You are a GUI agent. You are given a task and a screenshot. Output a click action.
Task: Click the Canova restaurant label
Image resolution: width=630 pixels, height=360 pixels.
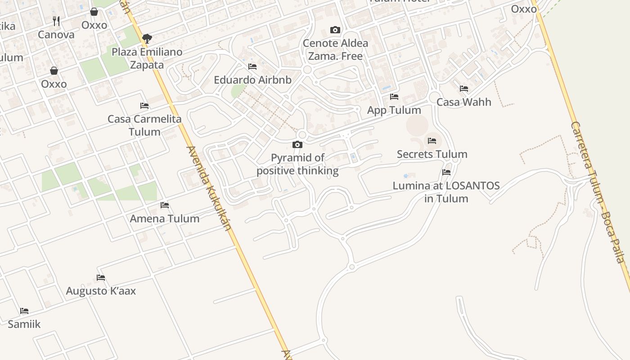point(56,35)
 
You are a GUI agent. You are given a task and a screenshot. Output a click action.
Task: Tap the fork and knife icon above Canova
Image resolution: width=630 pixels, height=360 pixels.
point(56,21)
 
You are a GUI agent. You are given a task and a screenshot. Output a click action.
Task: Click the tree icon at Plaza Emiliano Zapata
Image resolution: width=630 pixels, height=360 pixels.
point(147,39)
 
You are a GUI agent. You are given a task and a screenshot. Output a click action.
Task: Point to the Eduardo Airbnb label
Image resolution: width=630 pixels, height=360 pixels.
point(252,80)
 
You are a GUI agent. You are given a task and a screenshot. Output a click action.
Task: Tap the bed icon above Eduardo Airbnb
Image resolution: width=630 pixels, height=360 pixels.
point(252,67)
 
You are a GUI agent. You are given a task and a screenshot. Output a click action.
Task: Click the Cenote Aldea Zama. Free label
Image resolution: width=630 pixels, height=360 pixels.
point(335,49)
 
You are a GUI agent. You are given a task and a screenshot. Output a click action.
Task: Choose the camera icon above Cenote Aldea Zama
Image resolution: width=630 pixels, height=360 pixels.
point(335,30)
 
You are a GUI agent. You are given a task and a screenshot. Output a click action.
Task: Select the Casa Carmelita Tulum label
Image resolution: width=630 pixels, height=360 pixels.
point(144,126)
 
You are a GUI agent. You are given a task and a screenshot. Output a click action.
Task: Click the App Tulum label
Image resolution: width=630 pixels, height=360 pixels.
point(394,110)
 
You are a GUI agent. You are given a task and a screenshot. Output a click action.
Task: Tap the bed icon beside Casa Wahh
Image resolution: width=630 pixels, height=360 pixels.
point(464,89)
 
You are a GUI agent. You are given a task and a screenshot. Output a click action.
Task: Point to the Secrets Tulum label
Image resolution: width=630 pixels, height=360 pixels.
point(432,154)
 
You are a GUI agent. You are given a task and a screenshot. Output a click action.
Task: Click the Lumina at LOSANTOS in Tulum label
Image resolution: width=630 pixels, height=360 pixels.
point(446,192)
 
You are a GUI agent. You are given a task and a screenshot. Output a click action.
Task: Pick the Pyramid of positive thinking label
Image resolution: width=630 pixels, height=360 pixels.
point(297,164)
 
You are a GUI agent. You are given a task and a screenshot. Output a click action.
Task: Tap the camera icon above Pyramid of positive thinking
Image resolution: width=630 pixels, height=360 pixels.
point(297,144)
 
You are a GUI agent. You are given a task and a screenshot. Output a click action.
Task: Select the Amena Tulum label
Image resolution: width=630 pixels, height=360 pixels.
point(165,219)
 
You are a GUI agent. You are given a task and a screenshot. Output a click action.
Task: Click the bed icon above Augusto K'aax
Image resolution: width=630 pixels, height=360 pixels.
point(101,278)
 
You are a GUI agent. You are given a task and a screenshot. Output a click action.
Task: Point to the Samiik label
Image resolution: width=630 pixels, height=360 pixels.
point(24,324)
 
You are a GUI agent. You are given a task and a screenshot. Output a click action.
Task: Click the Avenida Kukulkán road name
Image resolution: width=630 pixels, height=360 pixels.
point(209,188)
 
